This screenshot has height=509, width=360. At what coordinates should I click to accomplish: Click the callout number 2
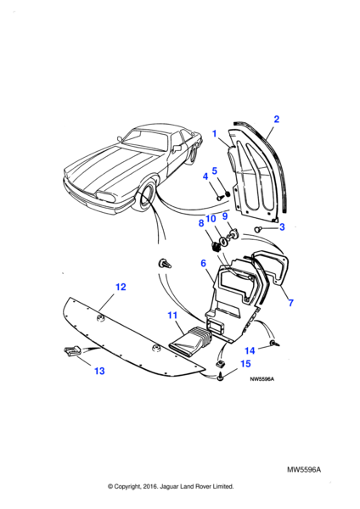pos(276,119)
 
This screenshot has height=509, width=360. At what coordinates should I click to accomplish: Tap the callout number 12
pos(121,287)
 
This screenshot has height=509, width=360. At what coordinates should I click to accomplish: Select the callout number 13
pos(99,371)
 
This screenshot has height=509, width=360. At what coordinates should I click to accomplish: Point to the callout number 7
pos(290,303)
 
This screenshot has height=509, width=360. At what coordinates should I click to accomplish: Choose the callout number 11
pos(172,316)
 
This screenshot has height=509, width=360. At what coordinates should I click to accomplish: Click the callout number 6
pos(204,263)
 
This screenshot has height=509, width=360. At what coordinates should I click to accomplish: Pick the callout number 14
pos(250,350)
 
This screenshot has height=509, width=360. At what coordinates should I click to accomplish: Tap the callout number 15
pos(245,364)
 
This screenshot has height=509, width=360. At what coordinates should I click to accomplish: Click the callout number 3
pos(282,227)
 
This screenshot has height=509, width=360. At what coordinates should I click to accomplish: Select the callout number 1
pos(215,134)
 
